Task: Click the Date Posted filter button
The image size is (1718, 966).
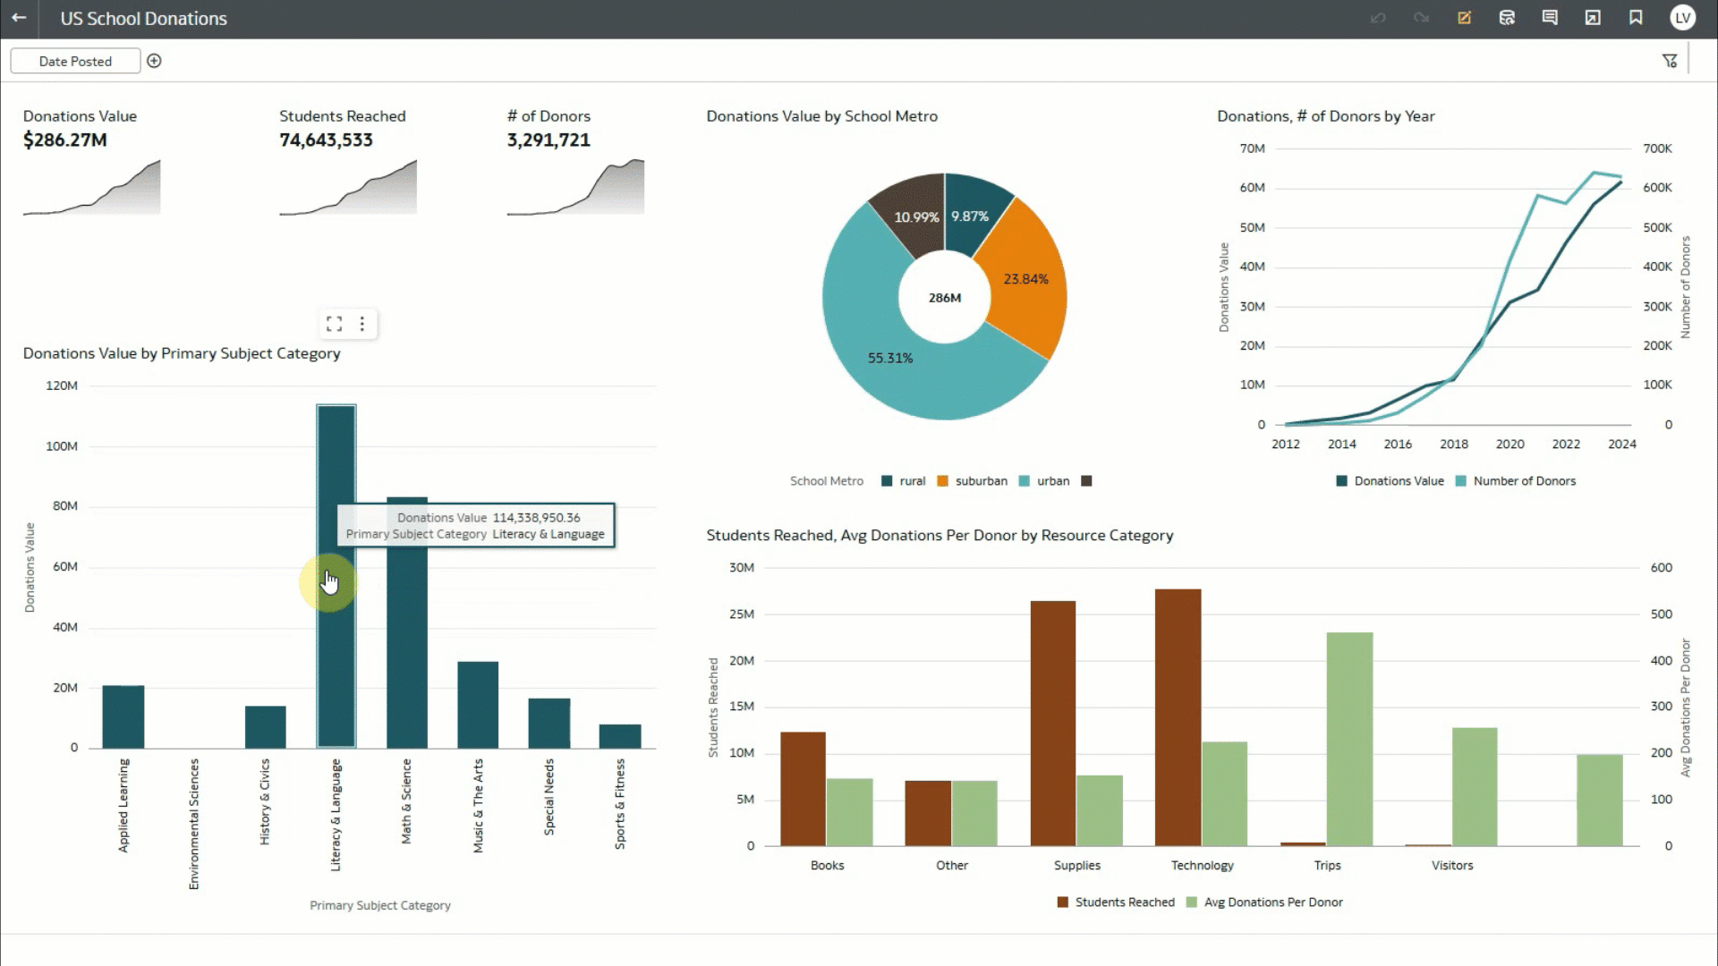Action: pyautogui.click(x=75, y=61)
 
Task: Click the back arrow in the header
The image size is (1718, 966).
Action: pyautogui.click(x=19, y=18)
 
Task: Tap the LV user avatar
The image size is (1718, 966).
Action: pyautogui.click(x=1682, y=18)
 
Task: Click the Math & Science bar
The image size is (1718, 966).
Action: pyautogui.click(x=407, y=644)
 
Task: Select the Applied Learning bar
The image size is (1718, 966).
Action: pyautogui.click(x=123, y=716)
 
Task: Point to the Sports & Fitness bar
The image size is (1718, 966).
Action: pyautogui.click(x=620, y=736)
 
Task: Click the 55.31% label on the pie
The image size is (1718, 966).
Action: pyautogui.click(x=889, y=358)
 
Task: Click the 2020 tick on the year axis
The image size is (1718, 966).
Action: pyautogui.click(x=1510, y=444)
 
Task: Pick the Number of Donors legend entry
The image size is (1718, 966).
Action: pyautogui.click(x=1523, y=481)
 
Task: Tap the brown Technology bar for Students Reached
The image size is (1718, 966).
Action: pyautogui.click(x=1178, y=716)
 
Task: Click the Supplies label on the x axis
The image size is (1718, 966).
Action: pyautogui.click(x=1076, y=865)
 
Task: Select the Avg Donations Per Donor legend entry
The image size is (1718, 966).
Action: pyautogui.click(x=1271, y=902)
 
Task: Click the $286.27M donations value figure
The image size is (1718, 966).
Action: pyautogui.click(x=64, y=140)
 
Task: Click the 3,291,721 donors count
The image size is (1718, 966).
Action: pyautogui.click(x=548, y=140)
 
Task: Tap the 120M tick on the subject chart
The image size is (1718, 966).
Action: pyautogui.click(x=62, y=386)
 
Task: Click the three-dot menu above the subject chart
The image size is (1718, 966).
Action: pyautogui.click(x=361, y=324)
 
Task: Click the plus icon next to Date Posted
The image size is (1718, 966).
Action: pyautogui.click(x=154, y=61)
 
